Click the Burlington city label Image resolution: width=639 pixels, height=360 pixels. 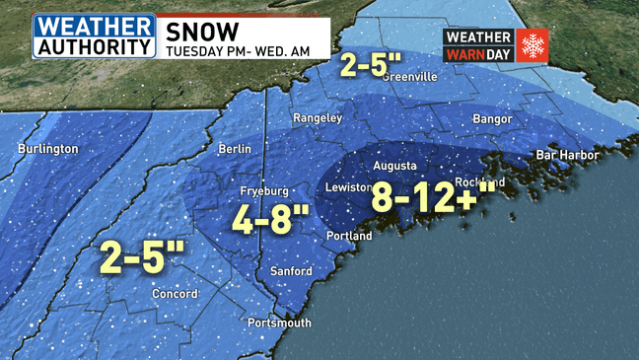(47, 149)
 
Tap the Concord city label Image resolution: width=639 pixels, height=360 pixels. (175, 294)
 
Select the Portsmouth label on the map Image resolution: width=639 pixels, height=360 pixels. (279, 323)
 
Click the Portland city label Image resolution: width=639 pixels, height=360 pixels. (349, 237)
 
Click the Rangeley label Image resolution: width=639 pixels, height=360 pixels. (318, 117)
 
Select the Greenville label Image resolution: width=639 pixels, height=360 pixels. (407, 77)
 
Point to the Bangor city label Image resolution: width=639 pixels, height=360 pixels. (492, 119)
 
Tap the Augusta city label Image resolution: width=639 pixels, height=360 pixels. (394, 166)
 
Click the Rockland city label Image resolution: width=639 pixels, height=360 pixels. (482, 182)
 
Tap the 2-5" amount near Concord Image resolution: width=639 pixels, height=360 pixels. (143, 258)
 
